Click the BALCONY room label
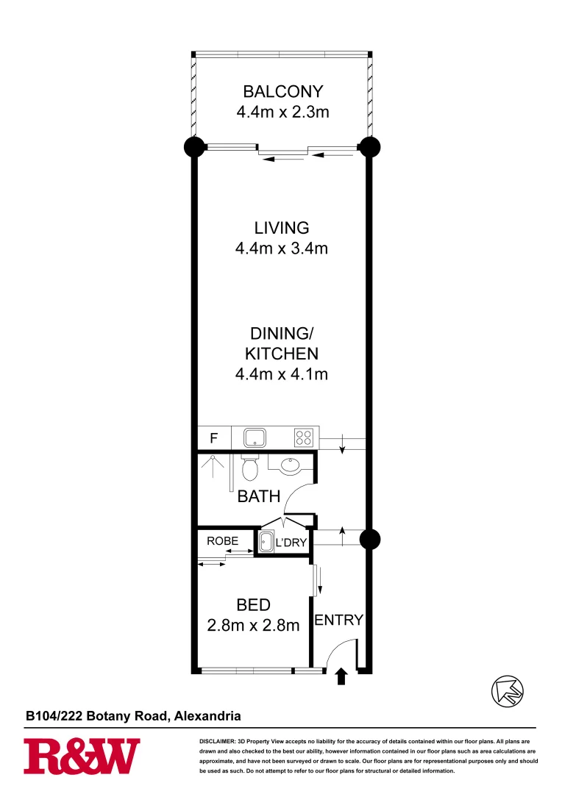pyautogui.click(x=283, y=92)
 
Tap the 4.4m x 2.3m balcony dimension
pyautogui.click(x=282, y=112)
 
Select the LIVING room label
pyautogui.click(x=282, y=228)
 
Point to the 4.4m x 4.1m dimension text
pyautogui.click(x=281, y=374)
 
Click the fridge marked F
pyautogui.click(x=214, y=439)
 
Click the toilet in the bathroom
pyautogui.click(x=249, y=467)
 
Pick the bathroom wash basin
pyautogui.click(x=288, y=465)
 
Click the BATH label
pyautogui.click(x=258, y=497)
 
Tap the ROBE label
pyautogui.click(x=222, y=541)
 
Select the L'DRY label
pyautogui.click(x=290, y=543)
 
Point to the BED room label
pyautogui.click(x=253, y=605)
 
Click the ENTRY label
pyautogui.click(x=338, y=620)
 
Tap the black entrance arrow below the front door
pyautogui.click(x=341, y=677)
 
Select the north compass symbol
pyautogui.click(x=507, y=690)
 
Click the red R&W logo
pyautogui.click(x=82, y=757)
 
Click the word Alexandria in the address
pyautogui.click(x=207, y=715)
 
